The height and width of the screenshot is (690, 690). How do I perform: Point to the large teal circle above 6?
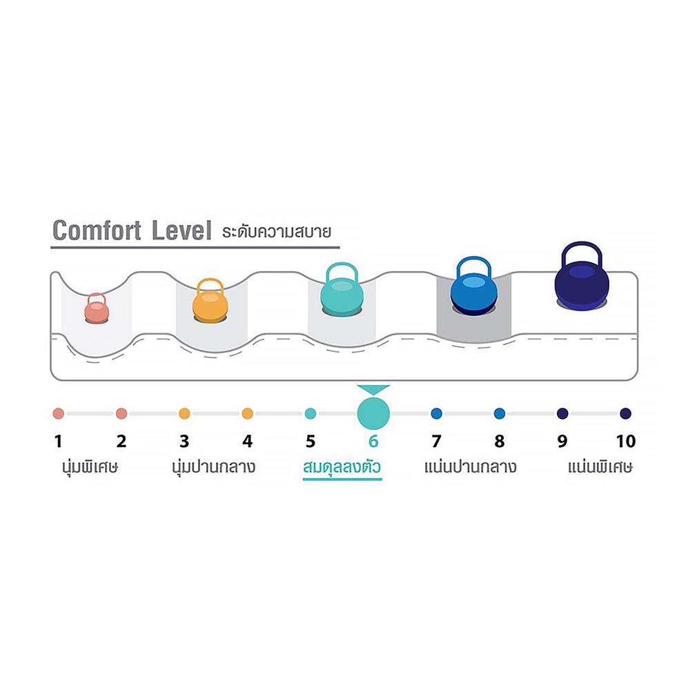tap(373, 413)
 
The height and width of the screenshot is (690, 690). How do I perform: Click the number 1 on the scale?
tap(59, 441)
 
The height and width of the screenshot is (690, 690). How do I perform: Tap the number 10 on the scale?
tap(625, 441)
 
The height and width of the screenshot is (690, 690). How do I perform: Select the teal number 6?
tap(373, 441)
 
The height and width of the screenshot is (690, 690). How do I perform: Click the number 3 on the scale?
tap(184, 441)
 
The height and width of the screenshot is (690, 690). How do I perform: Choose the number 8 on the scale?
tap(500, 441)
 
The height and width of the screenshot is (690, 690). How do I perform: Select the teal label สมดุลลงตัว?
tap(342, 468)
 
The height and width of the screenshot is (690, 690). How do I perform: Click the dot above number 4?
tap(248, 414)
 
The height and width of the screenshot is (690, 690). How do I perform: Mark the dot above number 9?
tap(562, 414)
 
